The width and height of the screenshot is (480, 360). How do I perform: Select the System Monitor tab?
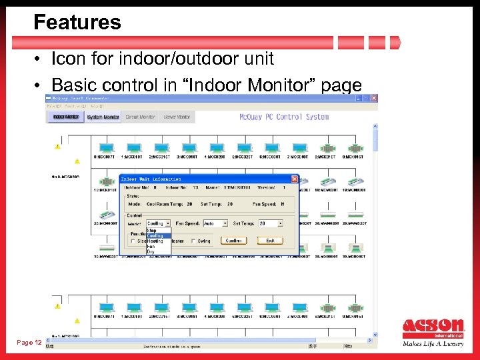point(103,117)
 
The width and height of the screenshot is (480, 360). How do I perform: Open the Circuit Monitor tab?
point(140,117)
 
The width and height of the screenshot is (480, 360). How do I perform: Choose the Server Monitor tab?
point(177,117)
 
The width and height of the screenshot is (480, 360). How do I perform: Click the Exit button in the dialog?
point(270,241)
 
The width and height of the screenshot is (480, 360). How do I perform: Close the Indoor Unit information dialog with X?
point(294,179)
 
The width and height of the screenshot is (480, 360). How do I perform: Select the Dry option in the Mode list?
point(151,251)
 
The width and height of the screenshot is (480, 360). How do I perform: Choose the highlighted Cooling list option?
point(155,235)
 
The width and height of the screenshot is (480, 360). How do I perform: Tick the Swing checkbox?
point(193,241)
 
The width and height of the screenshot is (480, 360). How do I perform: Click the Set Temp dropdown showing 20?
point(271,224)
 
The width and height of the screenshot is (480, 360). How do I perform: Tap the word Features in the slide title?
point(77,23)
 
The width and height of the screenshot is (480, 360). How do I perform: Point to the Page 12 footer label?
point(29,343)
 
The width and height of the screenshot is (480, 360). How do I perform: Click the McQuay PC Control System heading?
point(284,117)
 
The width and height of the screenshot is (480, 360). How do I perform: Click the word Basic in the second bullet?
point(73,85)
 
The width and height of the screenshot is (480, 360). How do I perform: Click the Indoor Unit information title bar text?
point(153,179)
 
